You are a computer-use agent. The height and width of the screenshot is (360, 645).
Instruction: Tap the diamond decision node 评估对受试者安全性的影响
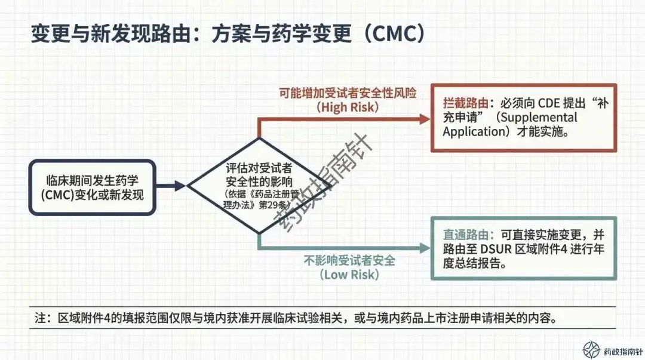pyautogui.click(x=258, y=186)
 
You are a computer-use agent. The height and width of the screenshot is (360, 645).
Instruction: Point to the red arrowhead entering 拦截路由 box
pyautogui.click(x=425, y=119)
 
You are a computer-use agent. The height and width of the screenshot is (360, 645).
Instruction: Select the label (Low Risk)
pyautogui.click(x=349, y=275)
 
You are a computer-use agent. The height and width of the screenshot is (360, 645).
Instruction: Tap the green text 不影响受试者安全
pyautogui.click(x=349, y=261)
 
